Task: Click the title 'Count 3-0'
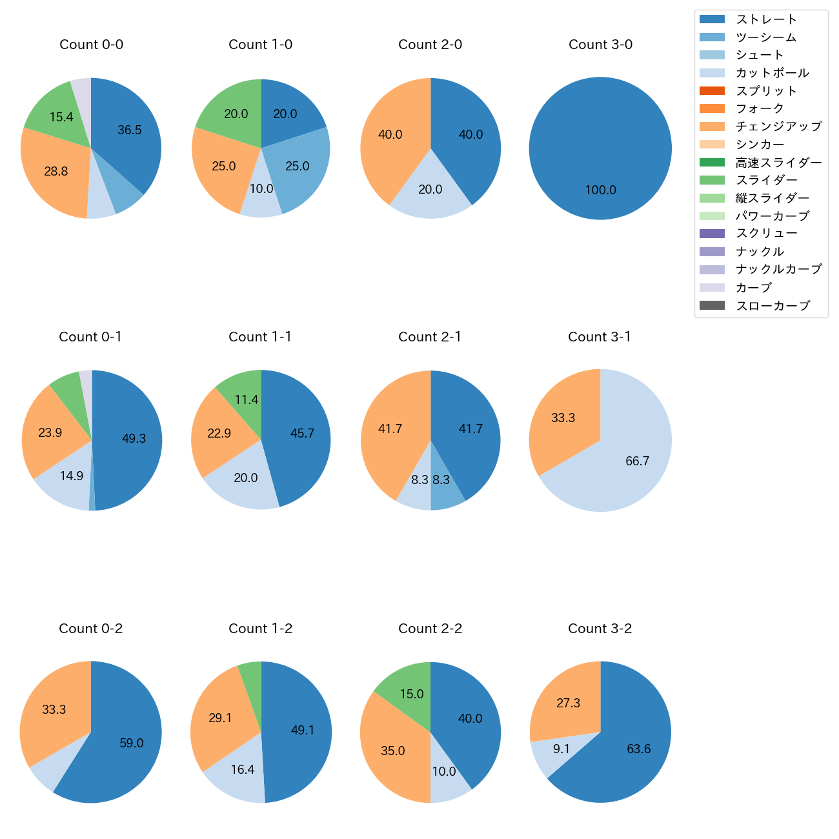pos(600,45)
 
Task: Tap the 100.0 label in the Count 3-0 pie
pos(600,190)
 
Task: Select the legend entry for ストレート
pos(766,19)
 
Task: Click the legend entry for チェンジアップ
pos(778,126)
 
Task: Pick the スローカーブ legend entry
pos(773,306)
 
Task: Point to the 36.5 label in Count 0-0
pos(130,130)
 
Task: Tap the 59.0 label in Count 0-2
pos(132,743)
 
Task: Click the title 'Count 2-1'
pos(430,337)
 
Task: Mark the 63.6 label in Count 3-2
pos(639,749)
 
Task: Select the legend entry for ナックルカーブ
pos(778,270)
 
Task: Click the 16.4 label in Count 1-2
pos(243,770)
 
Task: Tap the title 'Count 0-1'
pos(90,337)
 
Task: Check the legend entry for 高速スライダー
pos(778,163)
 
